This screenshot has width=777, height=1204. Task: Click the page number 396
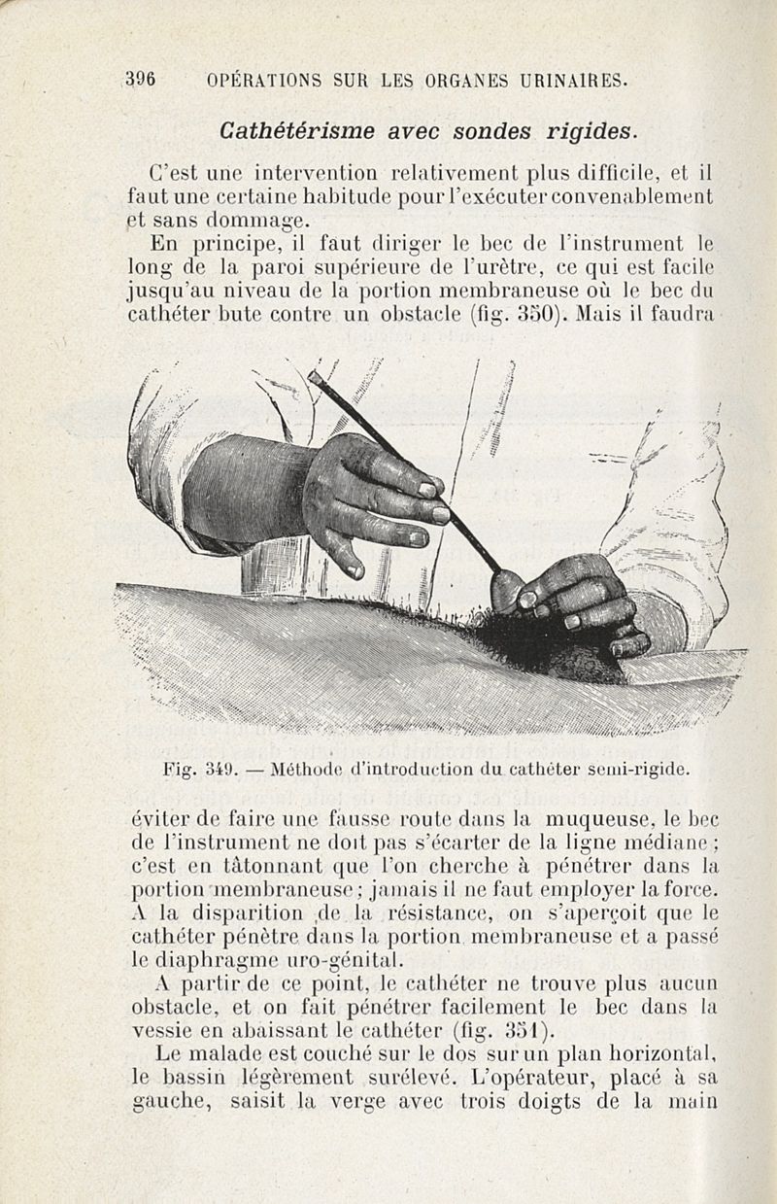142,80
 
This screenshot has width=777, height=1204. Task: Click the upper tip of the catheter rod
314,375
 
